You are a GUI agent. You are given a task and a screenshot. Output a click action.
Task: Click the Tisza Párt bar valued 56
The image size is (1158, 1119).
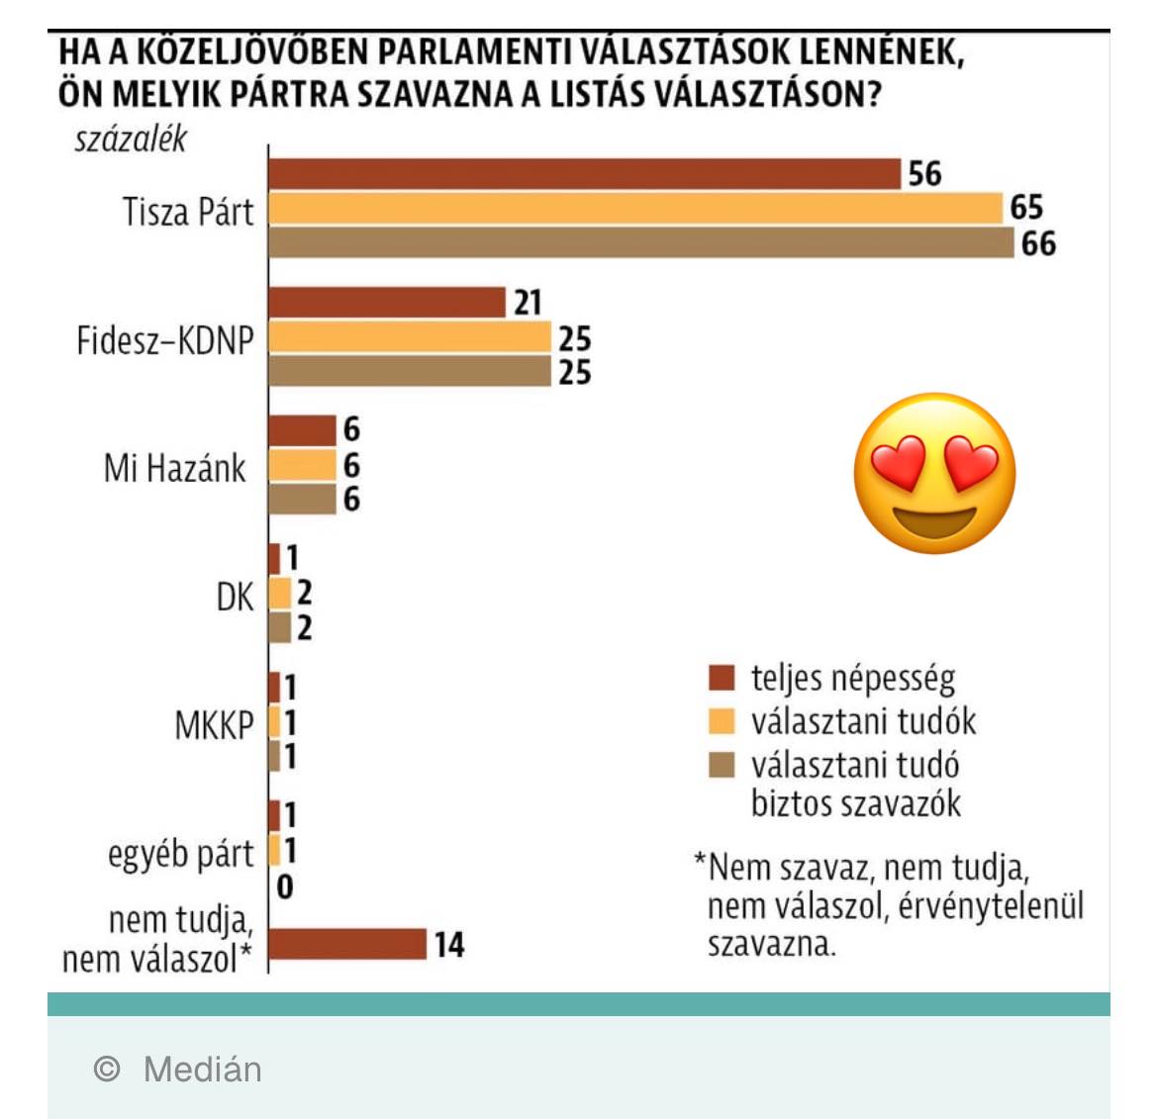[584, 174]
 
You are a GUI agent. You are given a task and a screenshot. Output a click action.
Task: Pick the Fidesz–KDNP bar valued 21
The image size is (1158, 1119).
[387, 303]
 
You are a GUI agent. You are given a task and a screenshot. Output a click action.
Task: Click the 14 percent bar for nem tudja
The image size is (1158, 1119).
[347, 944]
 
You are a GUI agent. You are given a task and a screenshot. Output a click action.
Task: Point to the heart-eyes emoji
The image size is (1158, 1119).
[934, 473]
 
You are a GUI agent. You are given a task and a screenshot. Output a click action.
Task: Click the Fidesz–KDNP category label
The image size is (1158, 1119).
[165, 340]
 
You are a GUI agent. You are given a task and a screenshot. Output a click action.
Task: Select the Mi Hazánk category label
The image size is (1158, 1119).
[174, 468]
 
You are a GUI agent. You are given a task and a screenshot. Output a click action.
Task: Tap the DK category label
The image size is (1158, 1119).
[235, 597]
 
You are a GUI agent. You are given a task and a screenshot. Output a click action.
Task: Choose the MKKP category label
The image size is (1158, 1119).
[214, 725]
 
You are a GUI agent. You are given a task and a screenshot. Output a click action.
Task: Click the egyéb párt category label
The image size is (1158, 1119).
[181, 853]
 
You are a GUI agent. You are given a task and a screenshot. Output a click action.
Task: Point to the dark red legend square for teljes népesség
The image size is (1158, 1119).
[723, 678]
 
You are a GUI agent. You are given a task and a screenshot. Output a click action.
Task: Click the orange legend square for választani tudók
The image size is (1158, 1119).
[723, 721]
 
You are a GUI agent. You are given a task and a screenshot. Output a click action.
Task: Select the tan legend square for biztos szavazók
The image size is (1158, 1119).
[723, 765]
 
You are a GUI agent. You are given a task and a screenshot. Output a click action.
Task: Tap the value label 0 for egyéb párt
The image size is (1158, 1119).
[285, 886]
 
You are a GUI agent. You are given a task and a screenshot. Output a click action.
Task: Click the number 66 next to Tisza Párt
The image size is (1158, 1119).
[1038, 243]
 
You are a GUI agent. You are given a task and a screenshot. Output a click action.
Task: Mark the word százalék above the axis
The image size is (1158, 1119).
[131, 140]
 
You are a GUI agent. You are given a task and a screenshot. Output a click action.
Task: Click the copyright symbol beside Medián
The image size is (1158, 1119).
[107, 1069]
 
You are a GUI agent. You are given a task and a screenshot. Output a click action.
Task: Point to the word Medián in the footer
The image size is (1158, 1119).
[203, 1070]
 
